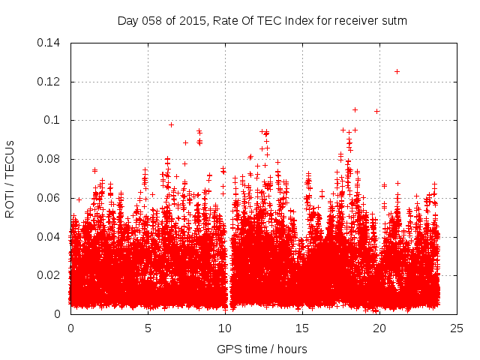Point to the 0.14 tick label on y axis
pos(49,43)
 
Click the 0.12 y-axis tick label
pos(49,81)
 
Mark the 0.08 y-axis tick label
pos(49,159)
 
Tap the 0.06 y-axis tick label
pos(49,198)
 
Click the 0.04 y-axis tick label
pos(49,237)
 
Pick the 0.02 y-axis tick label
pos(49,275)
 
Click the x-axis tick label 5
pos(148,328)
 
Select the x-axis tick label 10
pos(225,328)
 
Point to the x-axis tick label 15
pos(302,328)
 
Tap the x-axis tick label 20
pos(379,328)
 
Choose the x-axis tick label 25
pos(457,328)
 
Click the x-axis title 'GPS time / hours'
pos(262,349)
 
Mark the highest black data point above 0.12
pos(397,71)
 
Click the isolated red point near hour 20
pos(376,111)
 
